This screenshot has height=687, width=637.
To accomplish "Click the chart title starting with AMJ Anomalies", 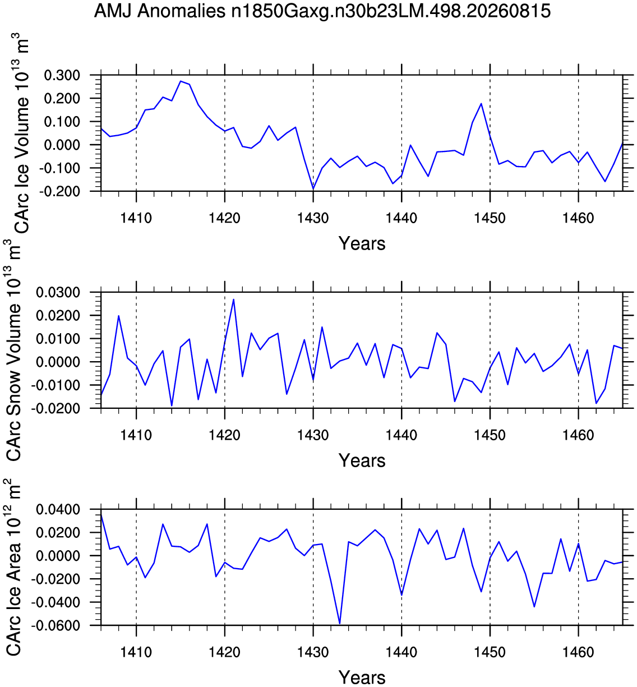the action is pyautogui.click(x=322, y=12).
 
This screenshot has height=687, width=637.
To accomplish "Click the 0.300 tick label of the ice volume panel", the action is pyautogui.click(x=62, y=75).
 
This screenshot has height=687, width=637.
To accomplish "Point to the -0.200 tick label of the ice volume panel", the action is pyautogui.click(x=59, y=191).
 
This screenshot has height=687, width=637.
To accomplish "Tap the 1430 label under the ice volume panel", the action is pyautogui.click(x=313, y=218).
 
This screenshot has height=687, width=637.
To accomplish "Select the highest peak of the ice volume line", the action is pyautogui.click(x=181, y=81).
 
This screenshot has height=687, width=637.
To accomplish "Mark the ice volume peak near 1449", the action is pyautogui.click(x=481, y=103).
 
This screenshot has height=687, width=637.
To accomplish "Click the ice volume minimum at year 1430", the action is pyautogui.click(x=313, y=189).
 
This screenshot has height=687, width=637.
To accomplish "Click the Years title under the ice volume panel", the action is pyautogui.click(x=362, y=243).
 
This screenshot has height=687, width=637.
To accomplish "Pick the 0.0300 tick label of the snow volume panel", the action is pyautogui.click(x=58, y=293).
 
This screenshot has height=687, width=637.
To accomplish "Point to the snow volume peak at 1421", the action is pyautogui.click(x=234, y=299).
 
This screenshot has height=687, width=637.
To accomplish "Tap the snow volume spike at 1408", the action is pyautogui.click(x=119, y=316).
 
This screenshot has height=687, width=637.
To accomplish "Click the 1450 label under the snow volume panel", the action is pyautogui.click(x=490, y=435).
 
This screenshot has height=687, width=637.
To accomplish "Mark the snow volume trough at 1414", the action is pyautogui.click(x=172, y=405).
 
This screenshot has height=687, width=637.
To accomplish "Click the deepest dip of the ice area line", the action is pyautogui.click(x=340, y=624).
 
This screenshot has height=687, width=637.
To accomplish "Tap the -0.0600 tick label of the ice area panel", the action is pyautogui.click(x=56, y=625).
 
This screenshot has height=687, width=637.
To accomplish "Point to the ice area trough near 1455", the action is pyautogui.click(x=534, y=606).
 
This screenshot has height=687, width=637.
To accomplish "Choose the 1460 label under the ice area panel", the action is pyautogui.click(x=578, y=652).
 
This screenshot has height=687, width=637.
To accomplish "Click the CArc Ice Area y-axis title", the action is pyautogui.click(x=13, y=568).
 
